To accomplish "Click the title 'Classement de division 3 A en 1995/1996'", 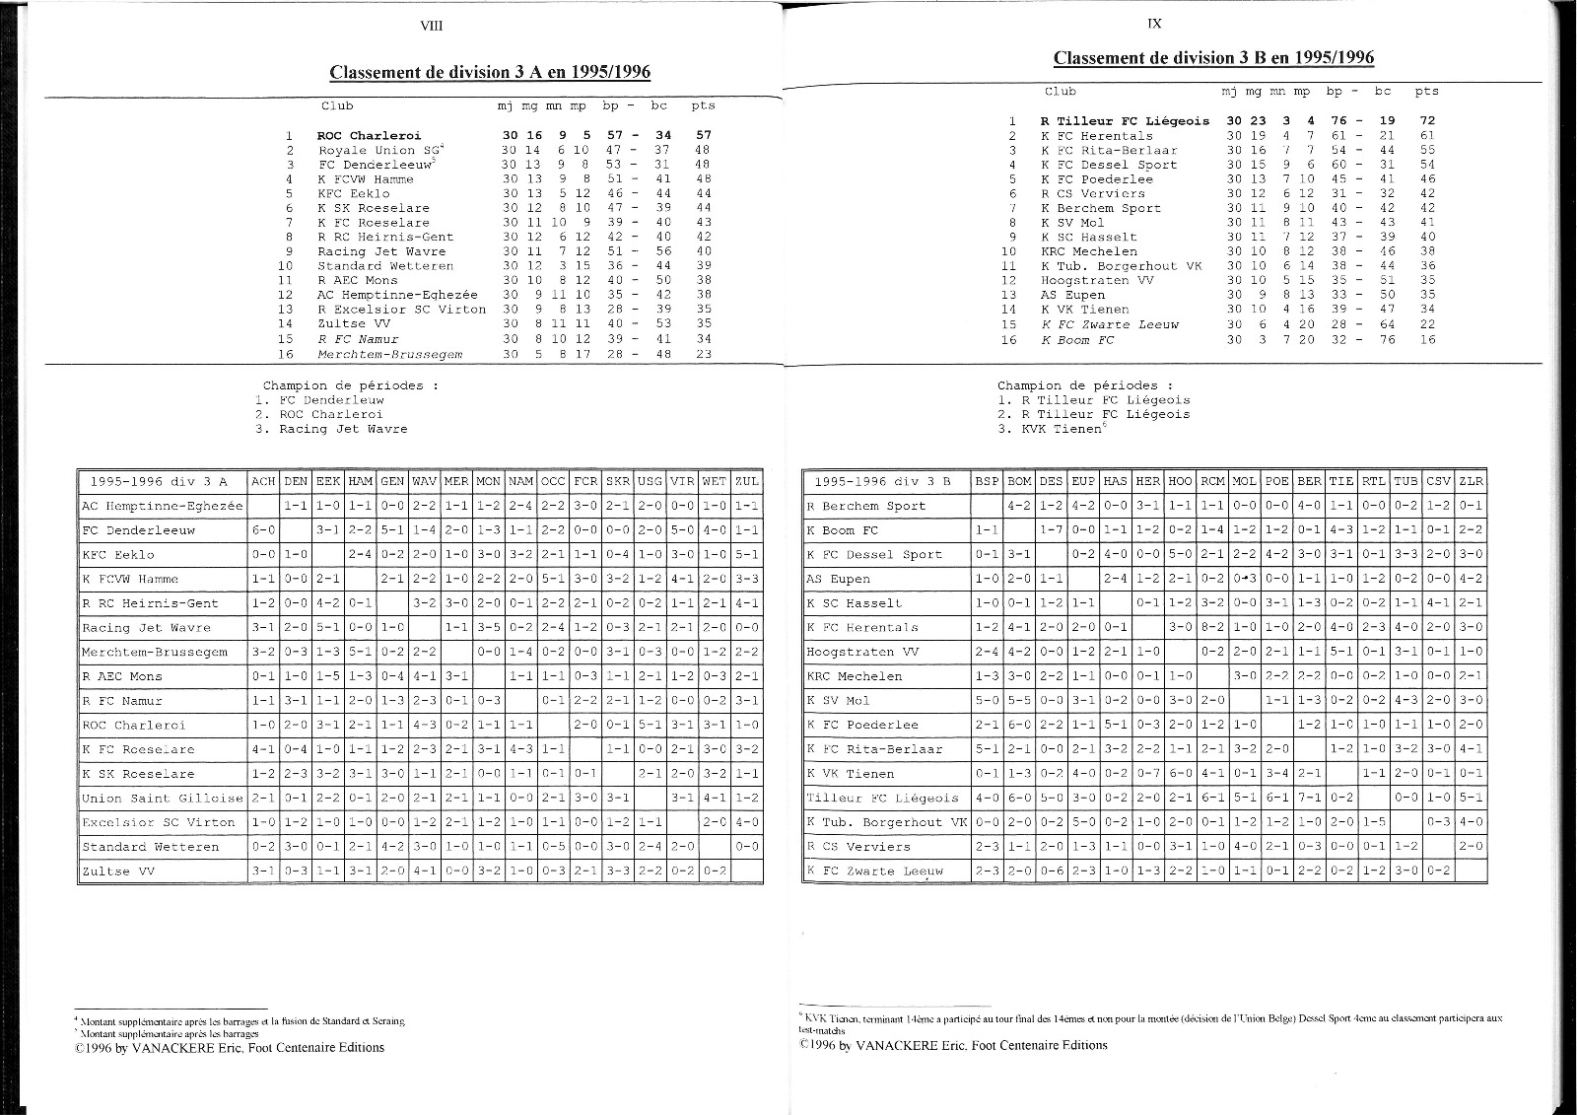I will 490,72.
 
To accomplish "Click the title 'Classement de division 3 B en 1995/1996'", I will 1213,57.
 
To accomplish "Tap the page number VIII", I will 432,26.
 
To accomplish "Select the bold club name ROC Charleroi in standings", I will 369,136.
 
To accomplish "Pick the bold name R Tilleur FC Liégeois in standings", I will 1125,121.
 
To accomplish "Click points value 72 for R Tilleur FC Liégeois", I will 1427,121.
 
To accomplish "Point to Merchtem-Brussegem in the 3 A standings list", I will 389,353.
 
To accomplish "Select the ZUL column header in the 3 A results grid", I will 747,482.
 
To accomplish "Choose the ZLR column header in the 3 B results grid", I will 1471,481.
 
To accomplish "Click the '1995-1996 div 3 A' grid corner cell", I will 159,482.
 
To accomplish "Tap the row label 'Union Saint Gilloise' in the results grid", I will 162,799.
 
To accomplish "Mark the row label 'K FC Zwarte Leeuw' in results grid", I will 874,871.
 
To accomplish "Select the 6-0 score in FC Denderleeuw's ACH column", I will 262,530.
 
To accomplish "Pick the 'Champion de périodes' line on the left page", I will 350,385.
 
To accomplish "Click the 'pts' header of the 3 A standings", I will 703,105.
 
